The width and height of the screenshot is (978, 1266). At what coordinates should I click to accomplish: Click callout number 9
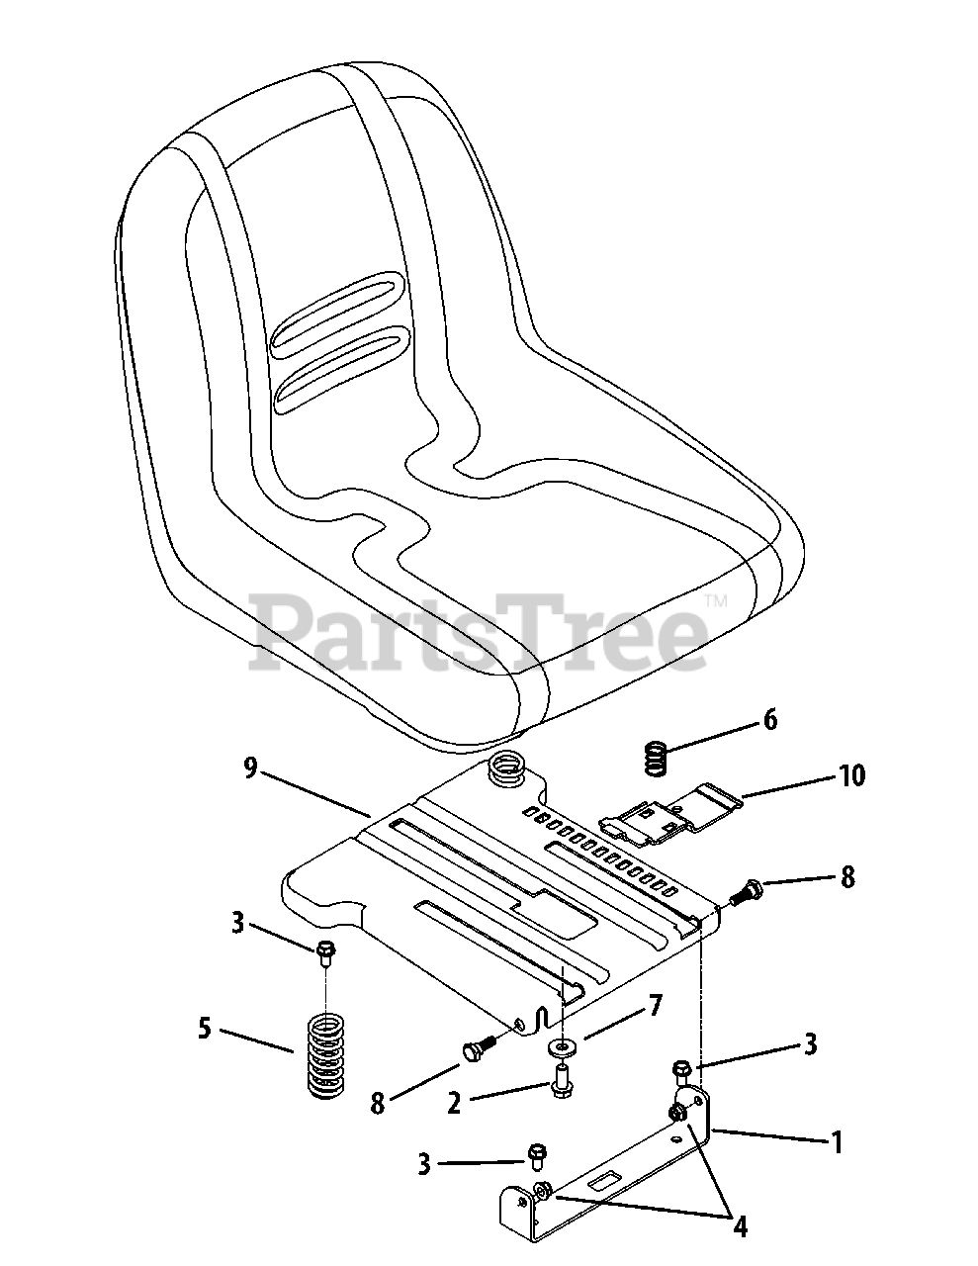[249, 767]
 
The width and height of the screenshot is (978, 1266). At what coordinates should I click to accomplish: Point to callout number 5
[204, 1029]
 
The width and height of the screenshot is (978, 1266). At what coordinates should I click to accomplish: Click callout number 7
[655, 1006]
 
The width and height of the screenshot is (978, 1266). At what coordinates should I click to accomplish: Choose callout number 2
[454, 1103]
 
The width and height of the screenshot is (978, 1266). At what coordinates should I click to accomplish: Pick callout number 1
[837, 1143]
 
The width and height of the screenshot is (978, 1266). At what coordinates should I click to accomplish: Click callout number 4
[739, 1227]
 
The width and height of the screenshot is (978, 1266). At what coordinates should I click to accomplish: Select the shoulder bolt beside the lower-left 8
[479, 1043]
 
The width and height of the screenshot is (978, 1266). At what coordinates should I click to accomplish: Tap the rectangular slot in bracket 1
[600, 1180]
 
